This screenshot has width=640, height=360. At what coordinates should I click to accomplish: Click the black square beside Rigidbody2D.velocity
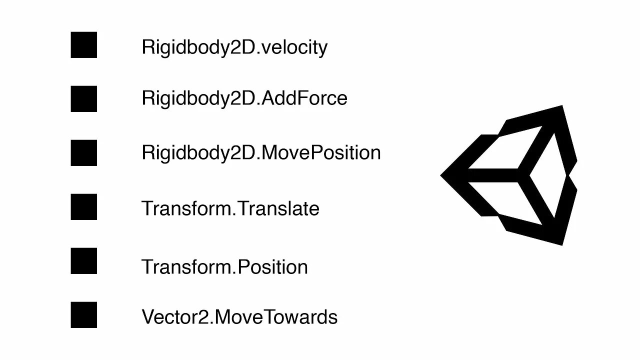[83, 45]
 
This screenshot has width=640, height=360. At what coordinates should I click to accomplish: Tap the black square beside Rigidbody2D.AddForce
[83, 99]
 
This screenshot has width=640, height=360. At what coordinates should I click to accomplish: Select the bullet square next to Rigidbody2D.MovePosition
[83, 153]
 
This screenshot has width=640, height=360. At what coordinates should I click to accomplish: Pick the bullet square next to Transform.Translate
[83, 207]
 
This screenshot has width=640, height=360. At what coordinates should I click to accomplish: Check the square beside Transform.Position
[83, 261]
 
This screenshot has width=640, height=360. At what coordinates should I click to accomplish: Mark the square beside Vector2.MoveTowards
[83, 315]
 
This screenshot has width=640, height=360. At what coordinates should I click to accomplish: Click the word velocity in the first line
[294, 47]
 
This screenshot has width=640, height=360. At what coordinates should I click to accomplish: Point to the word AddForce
[304, 98]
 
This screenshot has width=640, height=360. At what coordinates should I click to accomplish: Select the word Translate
[278, 208]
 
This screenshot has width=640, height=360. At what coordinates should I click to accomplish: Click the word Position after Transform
[272, 266]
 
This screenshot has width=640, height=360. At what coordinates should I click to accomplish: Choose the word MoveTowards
[275, 317]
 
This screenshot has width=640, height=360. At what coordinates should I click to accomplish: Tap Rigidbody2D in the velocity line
[198, 47]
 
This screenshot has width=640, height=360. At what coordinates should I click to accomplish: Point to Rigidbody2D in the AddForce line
[198, 98]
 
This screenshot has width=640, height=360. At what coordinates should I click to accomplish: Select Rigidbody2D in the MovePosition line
[198, 152]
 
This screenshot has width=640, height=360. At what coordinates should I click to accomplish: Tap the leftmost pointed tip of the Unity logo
[443, 175]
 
